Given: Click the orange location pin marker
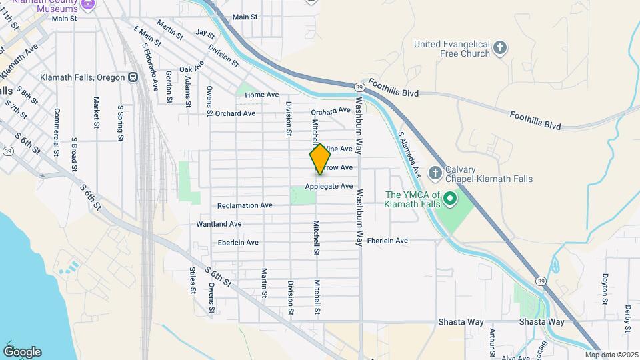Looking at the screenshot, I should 320,159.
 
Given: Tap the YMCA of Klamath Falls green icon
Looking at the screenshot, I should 450,198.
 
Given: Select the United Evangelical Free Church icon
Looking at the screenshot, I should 500,48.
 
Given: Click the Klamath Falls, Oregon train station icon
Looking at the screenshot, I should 133,77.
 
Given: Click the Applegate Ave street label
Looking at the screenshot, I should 329,187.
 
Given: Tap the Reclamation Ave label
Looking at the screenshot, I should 245,206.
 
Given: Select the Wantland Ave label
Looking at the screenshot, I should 219,224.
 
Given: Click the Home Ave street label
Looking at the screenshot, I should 261,95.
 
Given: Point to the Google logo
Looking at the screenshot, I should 22,351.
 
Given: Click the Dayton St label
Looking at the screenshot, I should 605,288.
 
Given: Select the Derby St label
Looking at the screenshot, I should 628,319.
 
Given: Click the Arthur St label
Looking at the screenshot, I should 493,341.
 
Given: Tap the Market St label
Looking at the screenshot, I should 97,113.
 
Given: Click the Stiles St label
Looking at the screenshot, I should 192,280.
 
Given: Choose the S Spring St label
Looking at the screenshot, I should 121,123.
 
